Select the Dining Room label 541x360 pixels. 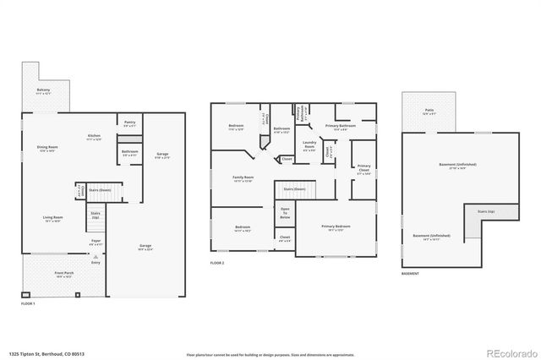point(47,150)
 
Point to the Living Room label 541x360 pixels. point(53,218)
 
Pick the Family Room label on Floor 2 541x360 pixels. point(243,178)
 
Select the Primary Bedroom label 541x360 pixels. point(336,227)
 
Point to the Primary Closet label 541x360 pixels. point(363,167)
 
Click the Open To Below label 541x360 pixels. point(286,213)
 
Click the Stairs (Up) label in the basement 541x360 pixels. point(485,211)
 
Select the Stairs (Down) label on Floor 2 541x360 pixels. point(294,189)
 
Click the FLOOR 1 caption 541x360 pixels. point(28,302)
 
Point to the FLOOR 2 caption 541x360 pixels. point(218,263)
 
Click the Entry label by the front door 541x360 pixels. point(96,261)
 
